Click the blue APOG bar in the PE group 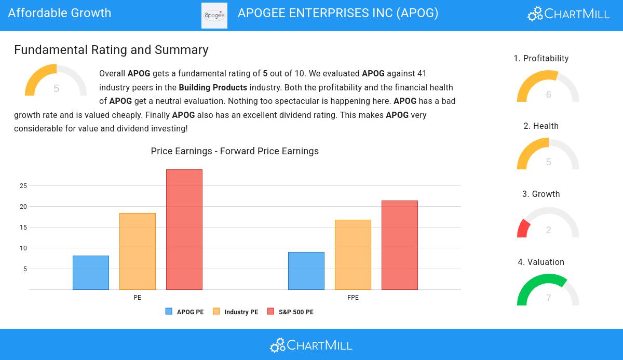[91, 273]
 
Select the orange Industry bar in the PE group [138, 251]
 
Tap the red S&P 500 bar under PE [184, 230]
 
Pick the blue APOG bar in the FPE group [306, 271]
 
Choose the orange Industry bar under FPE [353, 255]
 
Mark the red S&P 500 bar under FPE [400, 245]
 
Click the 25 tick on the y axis [23, 186]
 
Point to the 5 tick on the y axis [25, 269]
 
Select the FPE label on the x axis [353, 298]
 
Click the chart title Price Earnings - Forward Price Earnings [235, 151]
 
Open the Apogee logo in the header [214, 16]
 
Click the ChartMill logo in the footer [311, 345]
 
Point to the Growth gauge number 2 [549, 230]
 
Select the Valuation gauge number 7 [549, 298]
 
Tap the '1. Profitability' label [541, 59]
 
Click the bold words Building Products [213, 88]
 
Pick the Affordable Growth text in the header [60, 13]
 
